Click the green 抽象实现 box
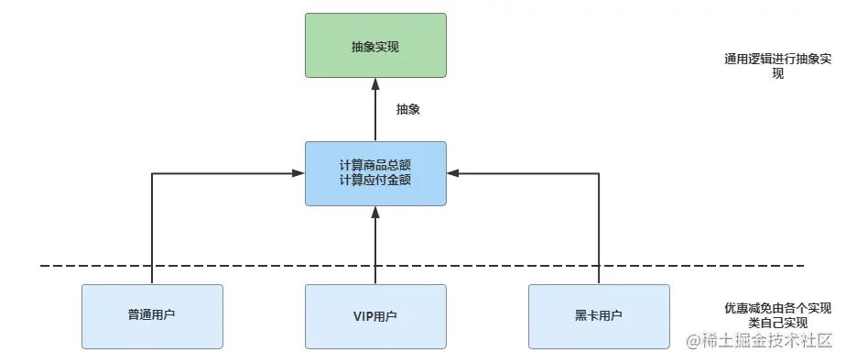point(374,45)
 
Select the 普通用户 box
point(152,315)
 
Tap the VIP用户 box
point(374,315)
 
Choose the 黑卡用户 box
point(599,315)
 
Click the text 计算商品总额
point(374,165)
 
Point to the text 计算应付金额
point(374,180)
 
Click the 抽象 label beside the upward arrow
point(407,109)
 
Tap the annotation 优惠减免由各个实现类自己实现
point(776,315)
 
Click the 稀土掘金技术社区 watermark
point(766,341)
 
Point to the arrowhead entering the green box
point(374,83)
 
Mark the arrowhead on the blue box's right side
point(452,172)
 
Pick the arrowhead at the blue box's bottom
point(374,212)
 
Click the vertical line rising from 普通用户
point(152,229)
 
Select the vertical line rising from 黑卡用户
point(599,229)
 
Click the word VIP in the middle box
point(363,316)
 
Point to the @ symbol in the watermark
point(694,342)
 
